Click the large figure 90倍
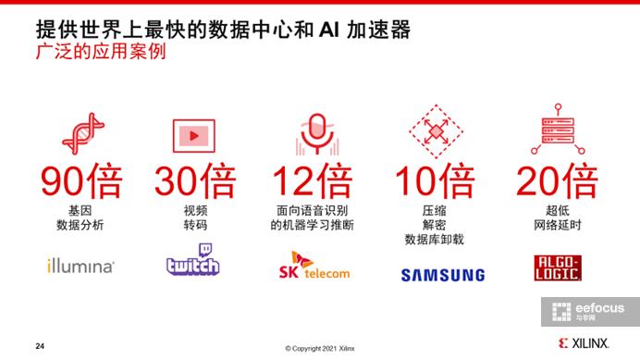(80, 180)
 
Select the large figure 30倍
(195, 180)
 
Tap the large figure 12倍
(311, 180)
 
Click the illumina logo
(80, 267)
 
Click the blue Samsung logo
(442, 275)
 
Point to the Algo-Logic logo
(559, 267)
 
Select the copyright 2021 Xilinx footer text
(319, 348)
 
